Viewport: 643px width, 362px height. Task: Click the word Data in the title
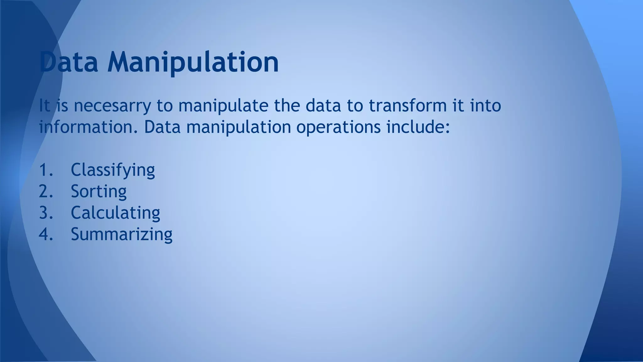pos(69,62)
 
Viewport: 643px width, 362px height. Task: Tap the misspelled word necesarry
pos(112,106)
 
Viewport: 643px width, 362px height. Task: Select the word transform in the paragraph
pos(408,105)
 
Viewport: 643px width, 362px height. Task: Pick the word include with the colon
pos(418,127)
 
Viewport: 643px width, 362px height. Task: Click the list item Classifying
pos(113,170)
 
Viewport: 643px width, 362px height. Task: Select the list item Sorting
pos(99,192)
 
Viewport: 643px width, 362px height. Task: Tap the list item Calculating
pos(115,213)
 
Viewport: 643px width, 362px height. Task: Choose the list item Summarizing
pos(122,234)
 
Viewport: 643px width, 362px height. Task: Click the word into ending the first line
pos(485,105)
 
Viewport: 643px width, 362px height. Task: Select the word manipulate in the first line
pos(223,106)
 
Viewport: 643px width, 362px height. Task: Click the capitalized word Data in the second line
pos(162,127)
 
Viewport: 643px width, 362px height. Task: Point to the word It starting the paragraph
pos(44,105)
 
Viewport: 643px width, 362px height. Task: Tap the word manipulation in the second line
pos(239,128)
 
